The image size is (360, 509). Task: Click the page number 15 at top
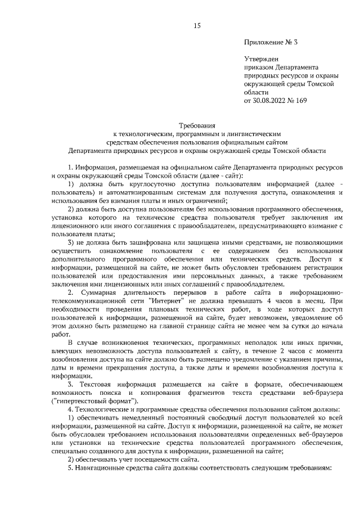point(197,25)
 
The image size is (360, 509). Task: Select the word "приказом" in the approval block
point(258,67)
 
